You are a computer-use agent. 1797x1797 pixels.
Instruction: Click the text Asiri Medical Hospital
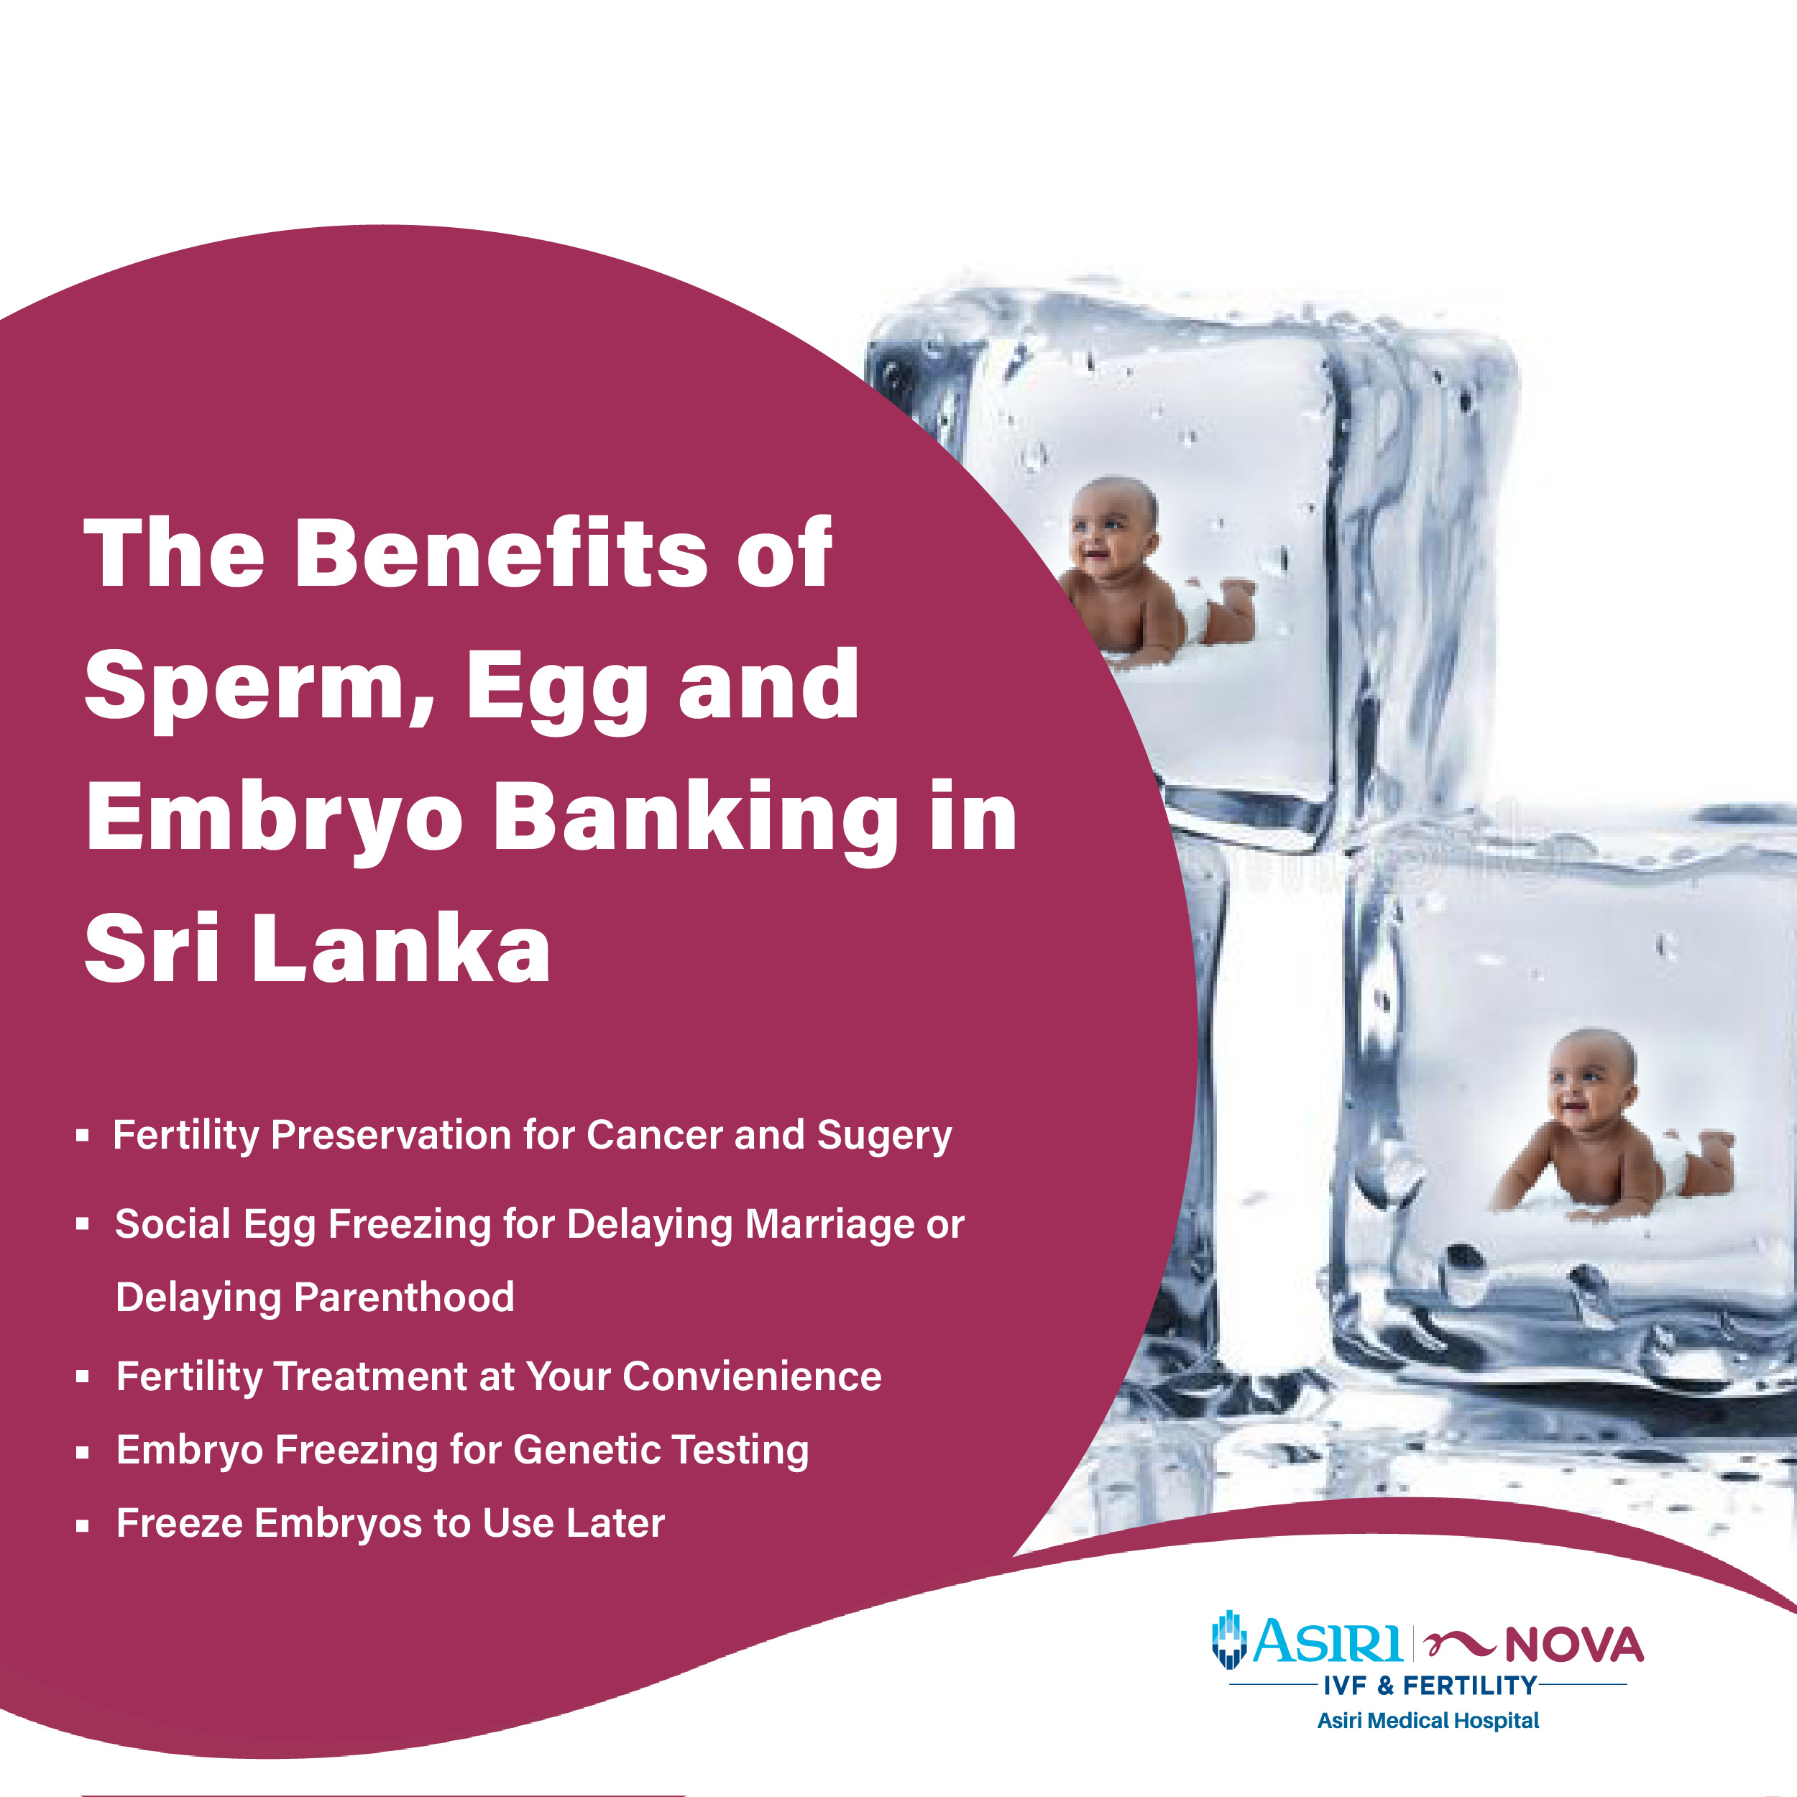tap(1428, 1721)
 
